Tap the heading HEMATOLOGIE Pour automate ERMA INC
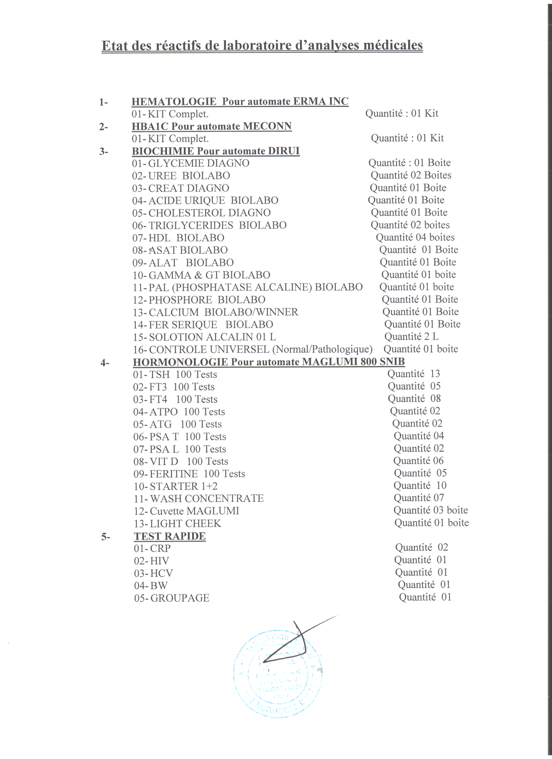[240, 101]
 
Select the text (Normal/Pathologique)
[322, 349]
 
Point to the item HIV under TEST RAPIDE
[159, 561]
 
